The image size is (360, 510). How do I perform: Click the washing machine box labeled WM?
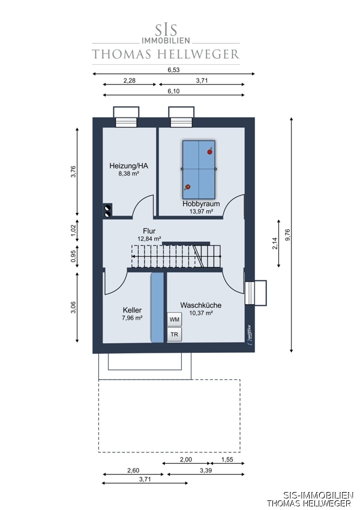pos(175,319)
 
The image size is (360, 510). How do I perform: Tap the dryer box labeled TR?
pos(175,334)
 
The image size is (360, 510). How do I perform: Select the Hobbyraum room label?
pos(201,204)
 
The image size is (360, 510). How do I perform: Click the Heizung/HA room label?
pos(129,166)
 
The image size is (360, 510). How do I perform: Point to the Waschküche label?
pos(201,305)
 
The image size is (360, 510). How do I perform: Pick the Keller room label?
pos(132,310)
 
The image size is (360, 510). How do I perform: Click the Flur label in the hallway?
pos(149,231)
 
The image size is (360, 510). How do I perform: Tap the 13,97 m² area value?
pos(202,211)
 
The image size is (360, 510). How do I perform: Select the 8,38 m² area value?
pos(129,173)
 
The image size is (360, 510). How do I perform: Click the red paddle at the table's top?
pos(210,151)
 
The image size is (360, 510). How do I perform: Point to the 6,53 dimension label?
pos(173,70)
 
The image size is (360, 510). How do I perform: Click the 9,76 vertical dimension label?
pos(287,235)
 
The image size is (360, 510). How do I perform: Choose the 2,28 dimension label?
pos(130,80)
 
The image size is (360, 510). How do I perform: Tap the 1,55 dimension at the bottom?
pos(227,460)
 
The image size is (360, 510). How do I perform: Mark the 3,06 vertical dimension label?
pos(73,307)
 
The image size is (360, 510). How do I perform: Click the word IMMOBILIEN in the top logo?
pos(166,41)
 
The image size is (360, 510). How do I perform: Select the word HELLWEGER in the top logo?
pos(199,55)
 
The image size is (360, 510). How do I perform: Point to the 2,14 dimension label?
pos(275,243)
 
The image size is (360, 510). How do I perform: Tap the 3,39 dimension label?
pos(206,470)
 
